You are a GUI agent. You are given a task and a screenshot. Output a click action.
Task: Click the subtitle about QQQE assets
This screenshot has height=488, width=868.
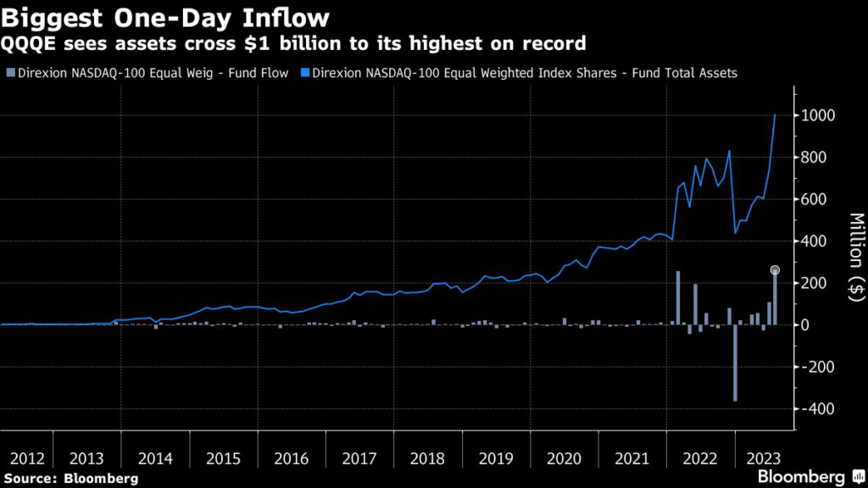(x=292, y=42)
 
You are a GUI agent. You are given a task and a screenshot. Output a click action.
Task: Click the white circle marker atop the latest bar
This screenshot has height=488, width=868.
(x=775, y=270)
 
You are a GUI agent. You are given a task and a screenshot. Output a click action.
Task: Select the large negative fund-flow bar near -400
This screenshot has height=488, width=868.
(x=735, y=363)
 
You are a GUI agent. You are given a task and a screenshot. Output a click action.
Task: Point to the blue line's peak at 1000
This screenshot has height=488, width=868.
(x=775, y=115)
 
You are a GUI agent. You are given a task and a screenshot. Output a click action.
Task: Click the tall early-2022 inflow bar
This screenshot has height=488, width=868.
(x=678, y=297)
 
